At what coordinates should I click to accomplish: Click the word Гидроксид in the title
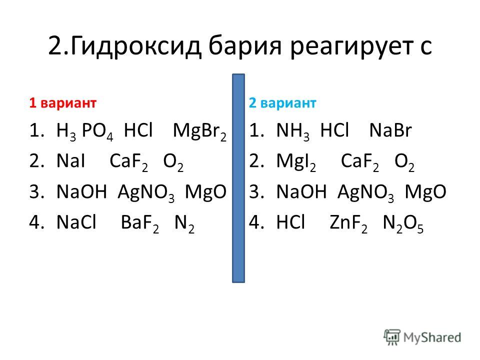135,46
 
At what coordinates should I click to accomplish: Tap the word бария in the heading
245,45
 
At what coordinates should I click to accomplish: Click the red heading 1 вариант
63,103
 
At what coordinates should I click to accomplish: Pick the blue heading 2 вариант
282,103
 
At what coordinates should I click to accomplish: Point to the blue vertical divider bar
238,178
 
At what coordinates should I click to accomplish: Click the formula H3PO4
85,131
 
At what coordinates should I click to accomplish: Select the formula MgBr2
199,131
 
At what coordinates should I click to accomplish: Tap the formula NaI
70,161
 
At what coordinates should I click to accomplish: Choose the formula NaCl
76,222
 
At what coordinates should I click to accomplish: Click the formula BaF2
140,223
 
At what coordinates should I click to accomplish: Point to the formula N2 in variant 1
184,223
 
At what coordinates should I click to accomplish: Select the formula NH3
292,131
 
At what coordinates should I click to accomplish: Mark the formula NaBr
390,130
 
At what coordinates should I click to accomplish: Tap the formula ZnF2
348,223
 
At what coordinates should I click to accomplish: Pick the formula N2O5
403,223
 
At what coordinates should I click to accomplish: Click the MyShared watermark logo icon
392,337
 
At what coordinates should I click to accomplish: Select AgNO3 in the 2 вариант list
365,193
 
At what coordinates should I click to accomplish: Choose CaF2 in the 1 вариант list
128,162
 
